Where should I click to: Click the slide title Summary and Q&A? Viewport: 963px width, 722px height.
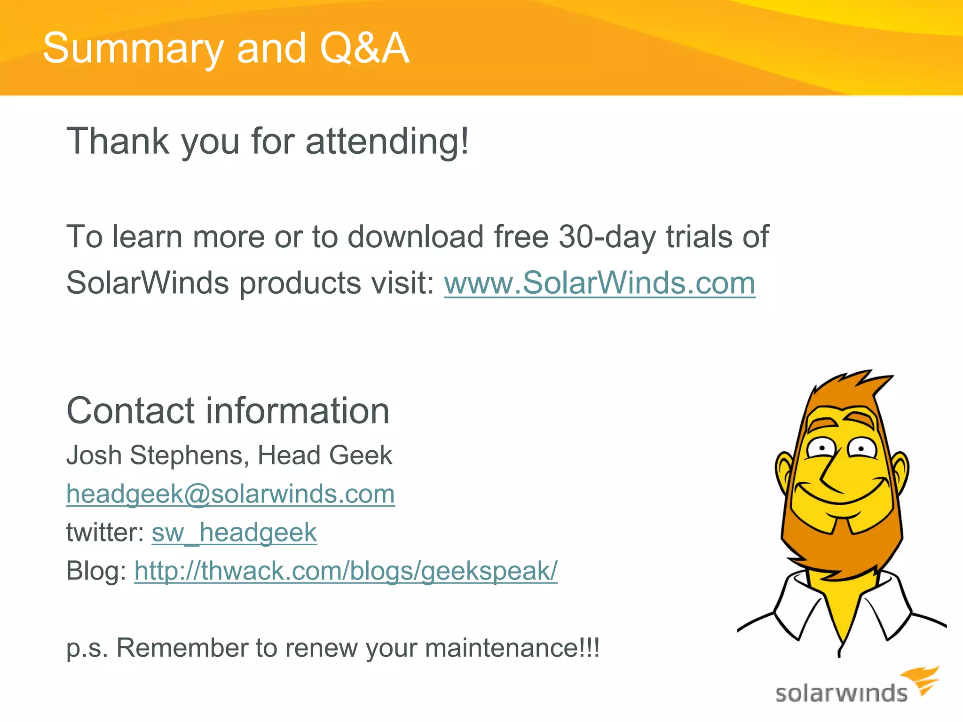226,48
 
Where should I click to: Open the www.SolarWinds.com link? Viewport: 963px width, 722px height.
600,283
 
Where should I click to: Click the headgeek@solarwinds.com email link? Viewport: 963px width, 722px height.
230,494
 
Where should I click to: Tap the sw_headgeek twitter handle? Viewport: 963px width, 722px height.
234,533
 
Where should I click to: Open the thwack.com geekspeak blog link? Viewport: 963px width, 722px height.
346,571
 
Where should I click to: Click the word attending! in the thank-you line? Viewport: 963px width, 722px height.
387,141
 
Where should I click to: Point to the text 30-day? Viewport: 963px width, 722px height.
607,236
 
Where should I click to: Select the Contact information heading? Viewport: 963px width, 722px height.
228,411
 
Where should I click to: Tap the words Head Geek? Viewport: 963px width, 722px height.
324,455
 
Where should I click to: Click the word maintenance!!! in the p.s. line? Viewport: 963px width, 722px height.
512,648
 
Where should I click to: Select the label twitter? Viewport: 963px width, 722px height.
105,533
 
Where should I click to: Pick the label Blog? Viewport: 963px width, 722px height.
96,571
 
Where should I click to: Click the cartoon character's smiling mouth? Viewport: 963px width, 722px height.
842,496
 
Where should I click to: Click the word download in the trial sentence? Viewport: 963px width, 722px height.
415,236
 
